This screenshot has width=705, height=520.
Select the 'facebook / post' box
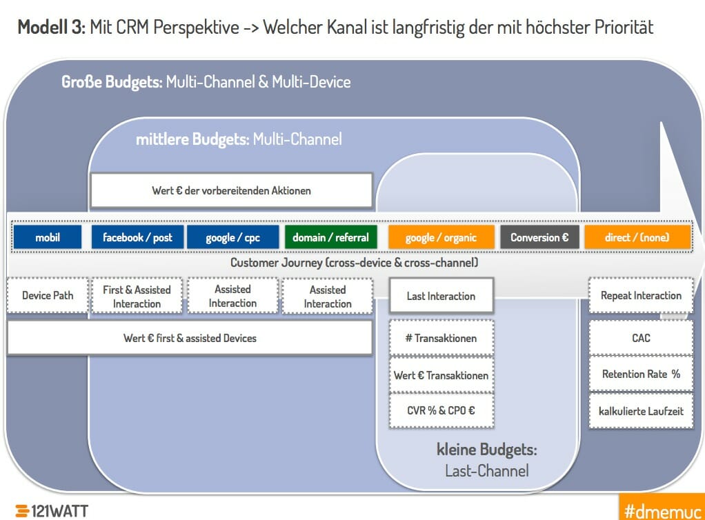coord(137,237)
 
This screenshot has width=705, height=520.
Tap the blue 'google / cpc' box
coord(232,237)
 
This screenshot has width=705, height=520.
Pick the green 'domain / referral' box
coord(330,237)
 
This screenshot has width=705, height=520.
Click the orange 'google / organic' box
coord(441,237)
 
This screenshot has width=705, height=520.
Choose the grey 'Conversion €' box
coord(539,237)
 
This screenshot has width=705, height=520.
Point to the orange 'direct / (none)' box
coord(637,237)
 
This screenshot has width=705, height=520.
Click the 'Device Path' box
coord(48,296)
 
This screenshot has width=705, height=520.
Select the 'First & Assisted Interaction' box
coord(137,297)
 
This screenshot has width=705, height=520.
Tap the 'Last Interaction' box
coord(441,297)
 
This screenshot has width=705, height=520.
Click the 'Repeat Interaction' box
coord(641,296)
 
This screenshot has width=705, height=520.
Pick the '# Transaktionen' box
coord(441,338)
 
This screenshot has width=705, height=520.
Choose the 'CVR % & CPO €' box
coord(441,410)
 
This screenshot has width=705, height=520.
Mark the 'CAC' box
coord(641,338)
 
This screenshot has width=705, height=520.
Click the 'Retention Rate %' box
coord(641,374)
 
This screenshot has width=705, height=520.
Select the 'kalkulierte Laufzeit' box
coord(641,410)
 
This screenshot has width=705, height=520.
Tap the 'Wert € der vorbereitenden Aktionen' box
coord(231,190)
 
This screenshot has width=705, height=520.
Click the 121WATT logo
coord(52,510)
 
